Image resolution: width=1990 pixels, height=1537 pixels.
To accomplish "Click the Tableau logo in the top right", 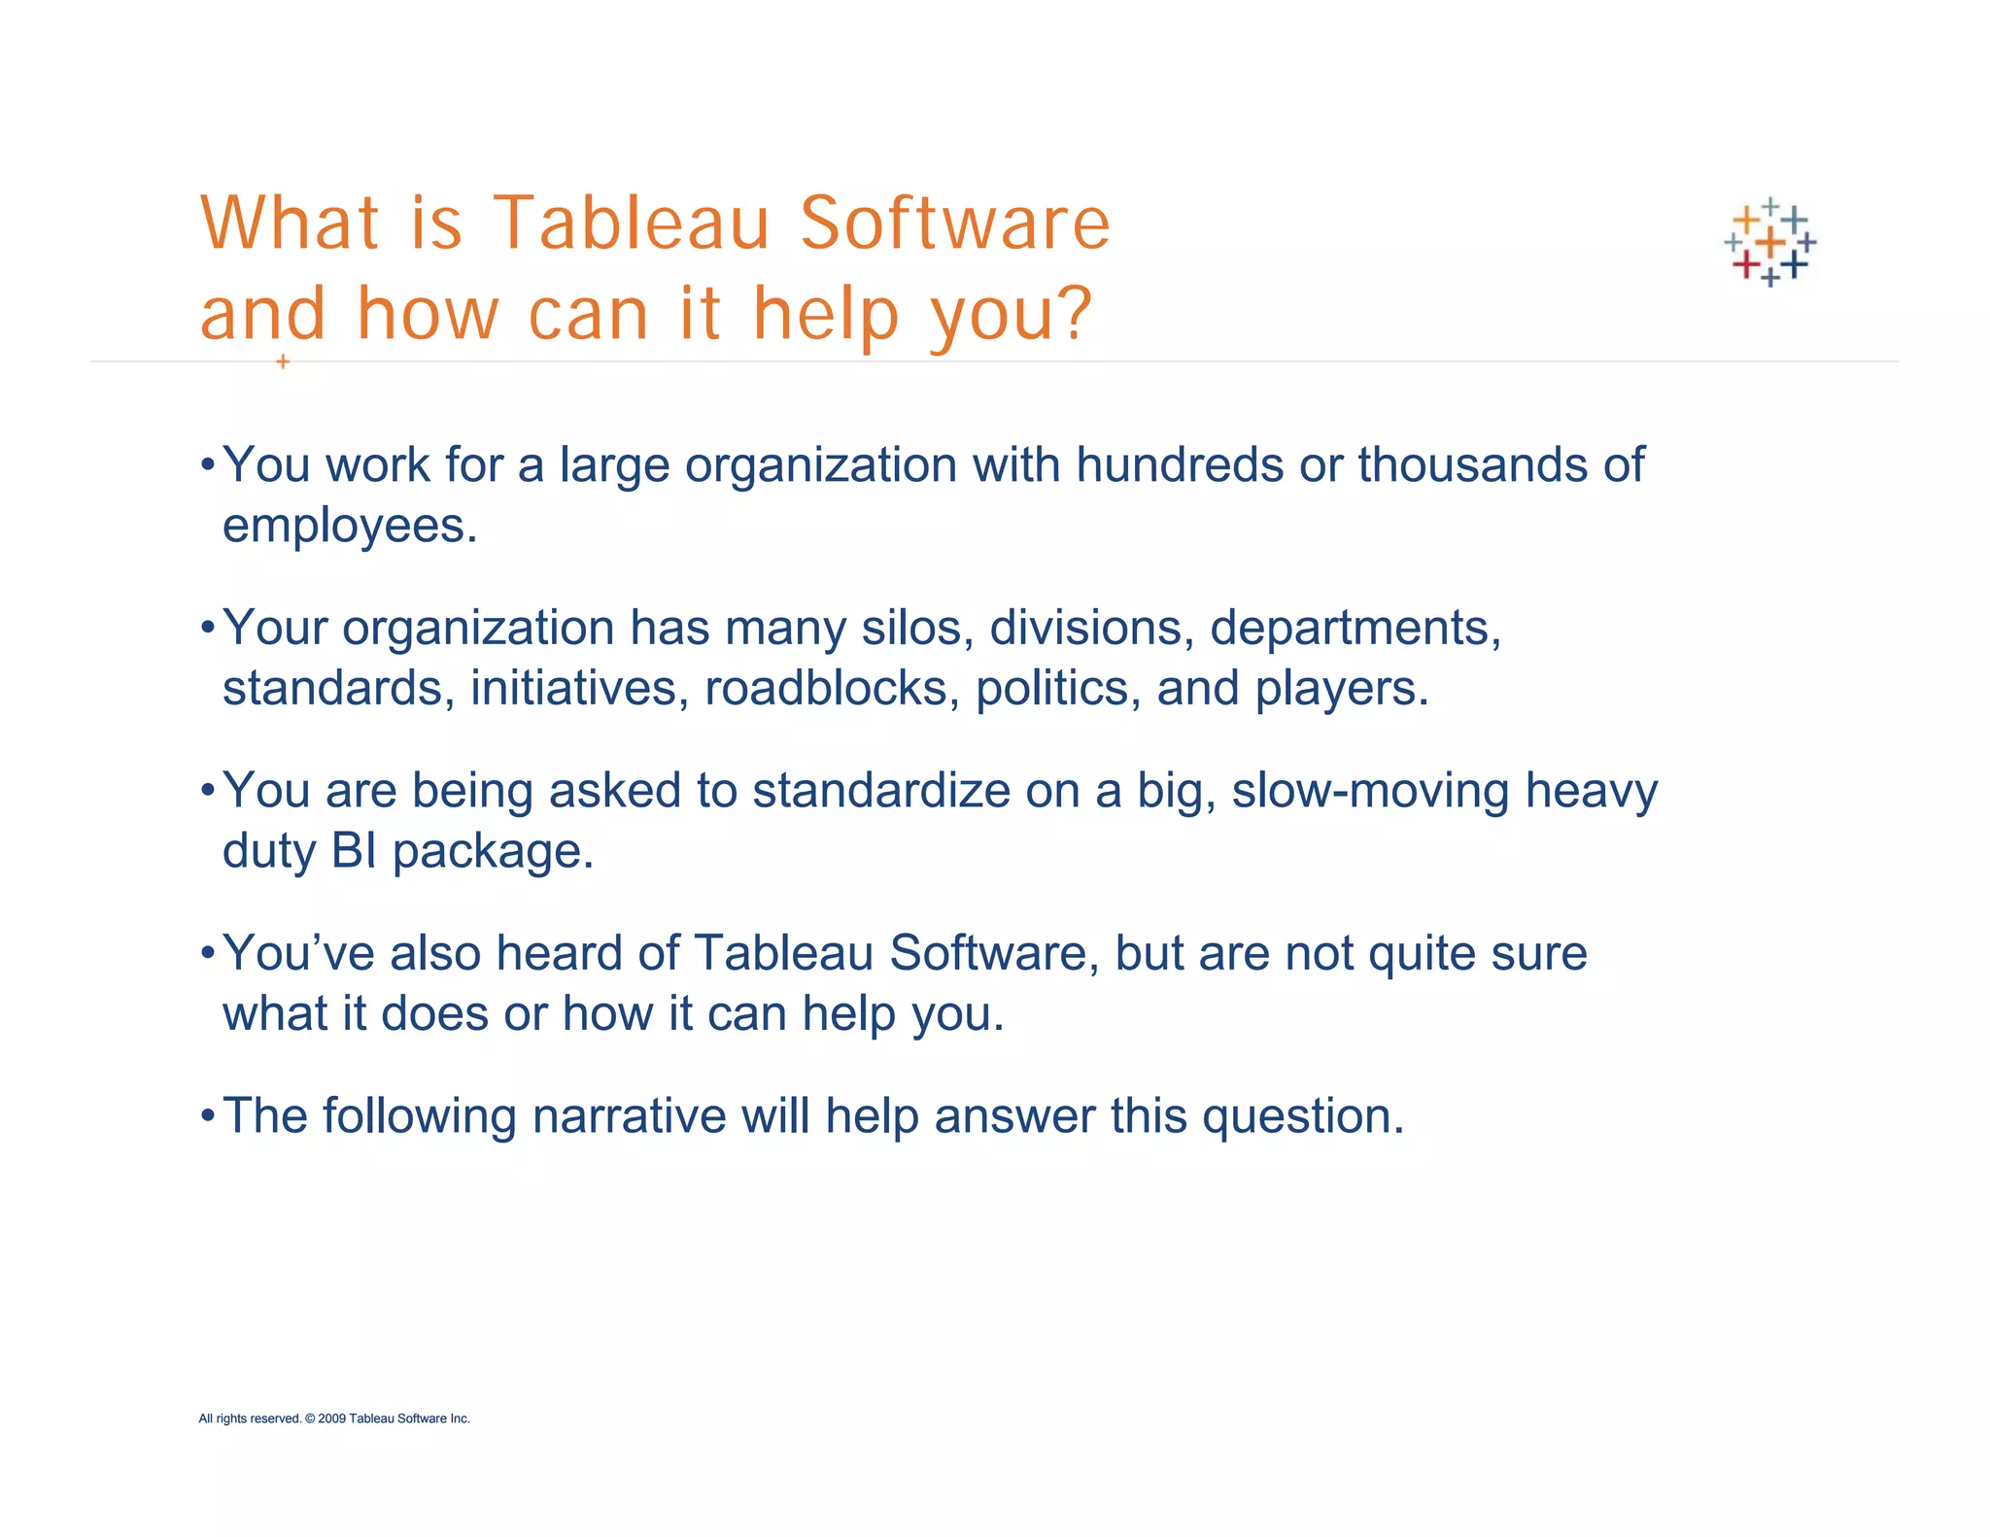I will point(1769,242).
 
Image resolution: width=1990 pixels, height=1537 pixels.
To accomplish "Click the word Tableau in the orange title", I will point(632,223).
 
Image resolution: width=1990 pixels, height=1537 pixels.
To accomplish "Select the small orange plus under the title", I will point(283,361).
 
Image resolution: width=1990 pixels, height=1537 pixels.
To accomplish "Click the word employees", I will point(349,526).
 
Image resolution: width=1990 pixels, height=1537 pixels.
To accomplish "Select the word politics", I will point(1057,688).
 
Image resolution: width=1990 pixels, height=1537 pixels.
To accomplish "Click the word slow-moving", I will point(1370,790).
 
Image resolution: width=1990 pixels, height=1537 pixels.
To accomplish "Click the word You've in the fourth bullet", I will point(298,953).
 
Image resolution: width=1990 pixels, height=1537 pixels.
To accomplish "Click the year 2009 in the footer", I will point(331,1418).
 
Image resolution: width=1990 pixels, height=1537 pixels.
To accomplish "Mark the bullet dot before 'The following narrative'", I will point(207,1115).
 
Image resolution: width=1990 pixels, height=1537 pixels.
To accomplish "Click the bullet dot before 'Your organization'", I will point(207,628).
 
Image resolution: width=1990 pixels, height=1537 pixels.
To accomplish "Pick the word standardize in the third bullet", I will point(881,790).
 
